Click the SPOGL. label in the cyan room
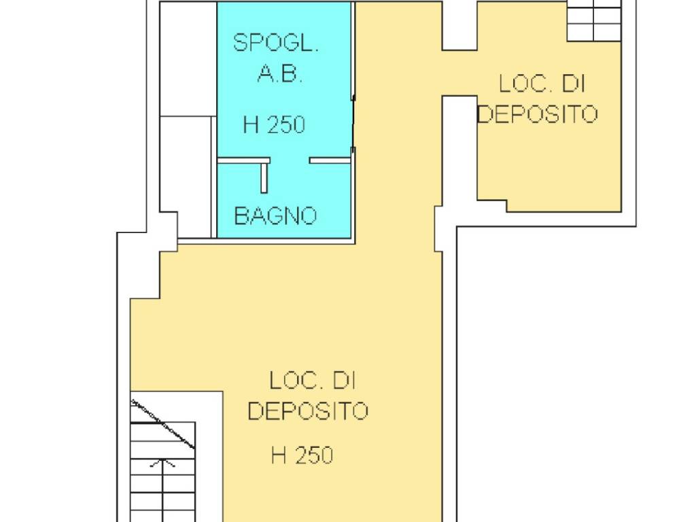pos(276,43)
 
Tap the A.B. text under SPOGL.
pos(280,73)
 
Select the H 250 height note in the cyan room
pos(274,124)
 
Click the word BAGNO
pos(275,215)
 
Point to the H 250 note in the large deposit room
pos(302,455)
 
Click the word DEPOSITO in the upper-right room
pos(537,114)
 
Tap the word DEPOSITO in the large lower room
pos(308,411)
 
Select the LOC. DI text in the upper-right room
pos(542,84)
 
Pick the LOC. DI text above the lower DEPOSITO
pos(313,381)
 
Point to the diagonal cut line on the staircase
pos(162,423)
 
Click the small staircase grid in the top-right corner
pos(594,21)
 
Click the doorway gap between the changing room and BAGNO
pos(290,160)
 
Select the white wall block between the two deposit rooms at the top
pos(459,25)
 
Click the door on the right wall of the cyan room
pos(353,123)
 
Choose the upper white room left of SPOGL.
pos(188,59)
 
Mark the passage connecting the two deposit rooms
pos(459,73)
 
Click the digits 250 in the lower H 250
pos(314,455)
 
